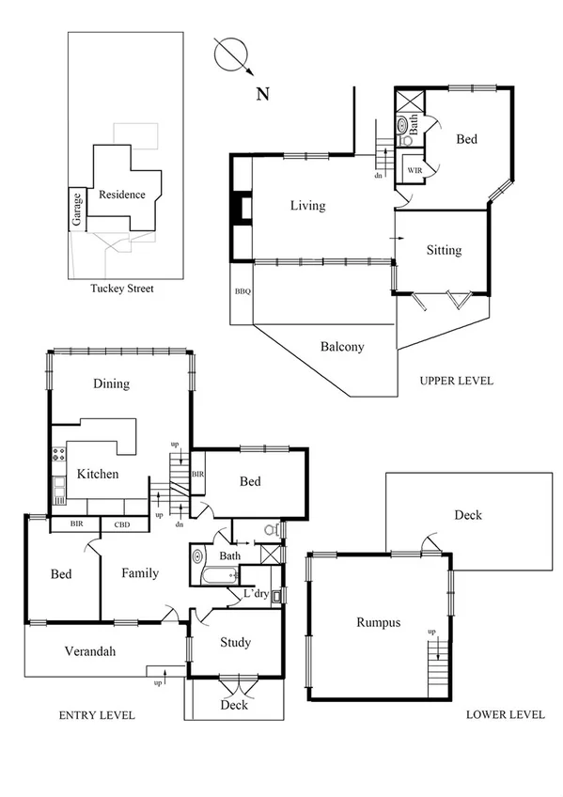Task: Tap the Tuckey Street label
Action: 121,289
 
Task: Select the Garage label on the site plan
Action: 76,210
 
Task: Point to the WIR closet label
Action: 414,170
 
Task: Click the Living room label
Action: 307,206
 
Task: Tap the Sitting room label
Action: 444,250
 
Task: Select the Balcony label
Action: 342,347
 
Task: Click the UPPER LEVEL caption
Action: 458,382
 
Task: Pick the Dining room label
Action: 111,383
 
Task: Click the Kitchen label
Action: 98,474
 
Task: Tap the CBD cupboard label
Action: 123,525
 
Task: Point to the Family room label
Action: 139,573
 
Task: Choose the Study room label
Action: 235,643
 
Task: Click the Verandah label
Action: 89,650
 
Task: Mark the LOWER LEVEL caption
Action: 505,714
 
